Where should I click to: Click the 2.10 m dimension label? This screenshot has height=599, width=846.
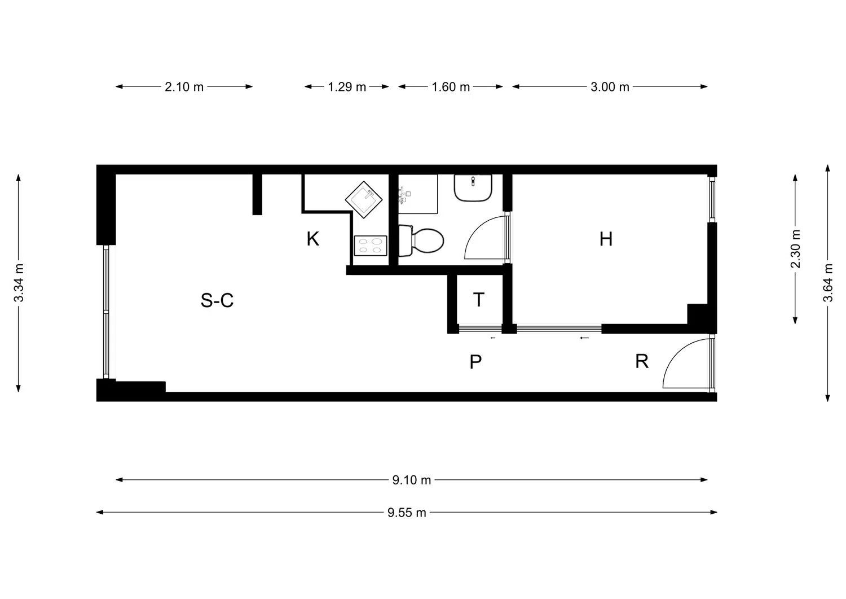[184, 87]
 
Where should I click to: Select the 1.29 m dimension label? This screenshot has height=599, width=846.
[347, 87]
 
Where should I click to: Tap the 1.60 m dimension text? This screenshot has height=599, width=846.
[451, 87]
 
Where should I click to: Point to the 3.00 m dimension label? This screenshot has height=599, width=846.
[610, 87]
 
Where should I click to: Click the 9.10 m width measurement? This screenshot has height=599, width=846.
[412, 480]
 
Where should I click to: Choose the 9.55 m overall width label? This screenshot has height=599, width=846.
[407, 513]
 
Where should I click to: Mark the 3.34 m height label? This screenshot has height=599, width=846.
[19, 282]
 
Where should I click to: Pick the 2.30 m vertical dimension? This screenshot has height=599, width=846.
[795, 249]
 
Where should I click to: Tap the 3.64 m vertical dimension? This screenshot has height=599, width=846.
[827, 283]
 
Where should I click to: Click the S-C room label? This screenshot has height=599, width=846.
[217, 300]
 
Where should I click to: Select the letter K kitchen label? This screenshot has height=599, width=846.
[312, 239]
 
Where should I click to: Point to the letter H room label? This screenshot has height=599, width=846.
[606, 239]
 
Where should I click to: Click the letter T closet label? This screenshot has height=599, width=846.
[478, 300]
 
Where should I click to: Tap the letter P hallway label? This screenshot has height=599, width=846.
[475, 362]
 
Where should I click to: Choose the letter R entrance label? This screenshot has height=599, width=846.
[641, 361]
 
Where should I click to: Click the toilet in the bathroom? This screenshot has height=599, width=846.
[422, 241]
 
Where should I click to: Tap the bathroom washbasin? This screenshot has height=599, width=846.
[473, 187]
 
